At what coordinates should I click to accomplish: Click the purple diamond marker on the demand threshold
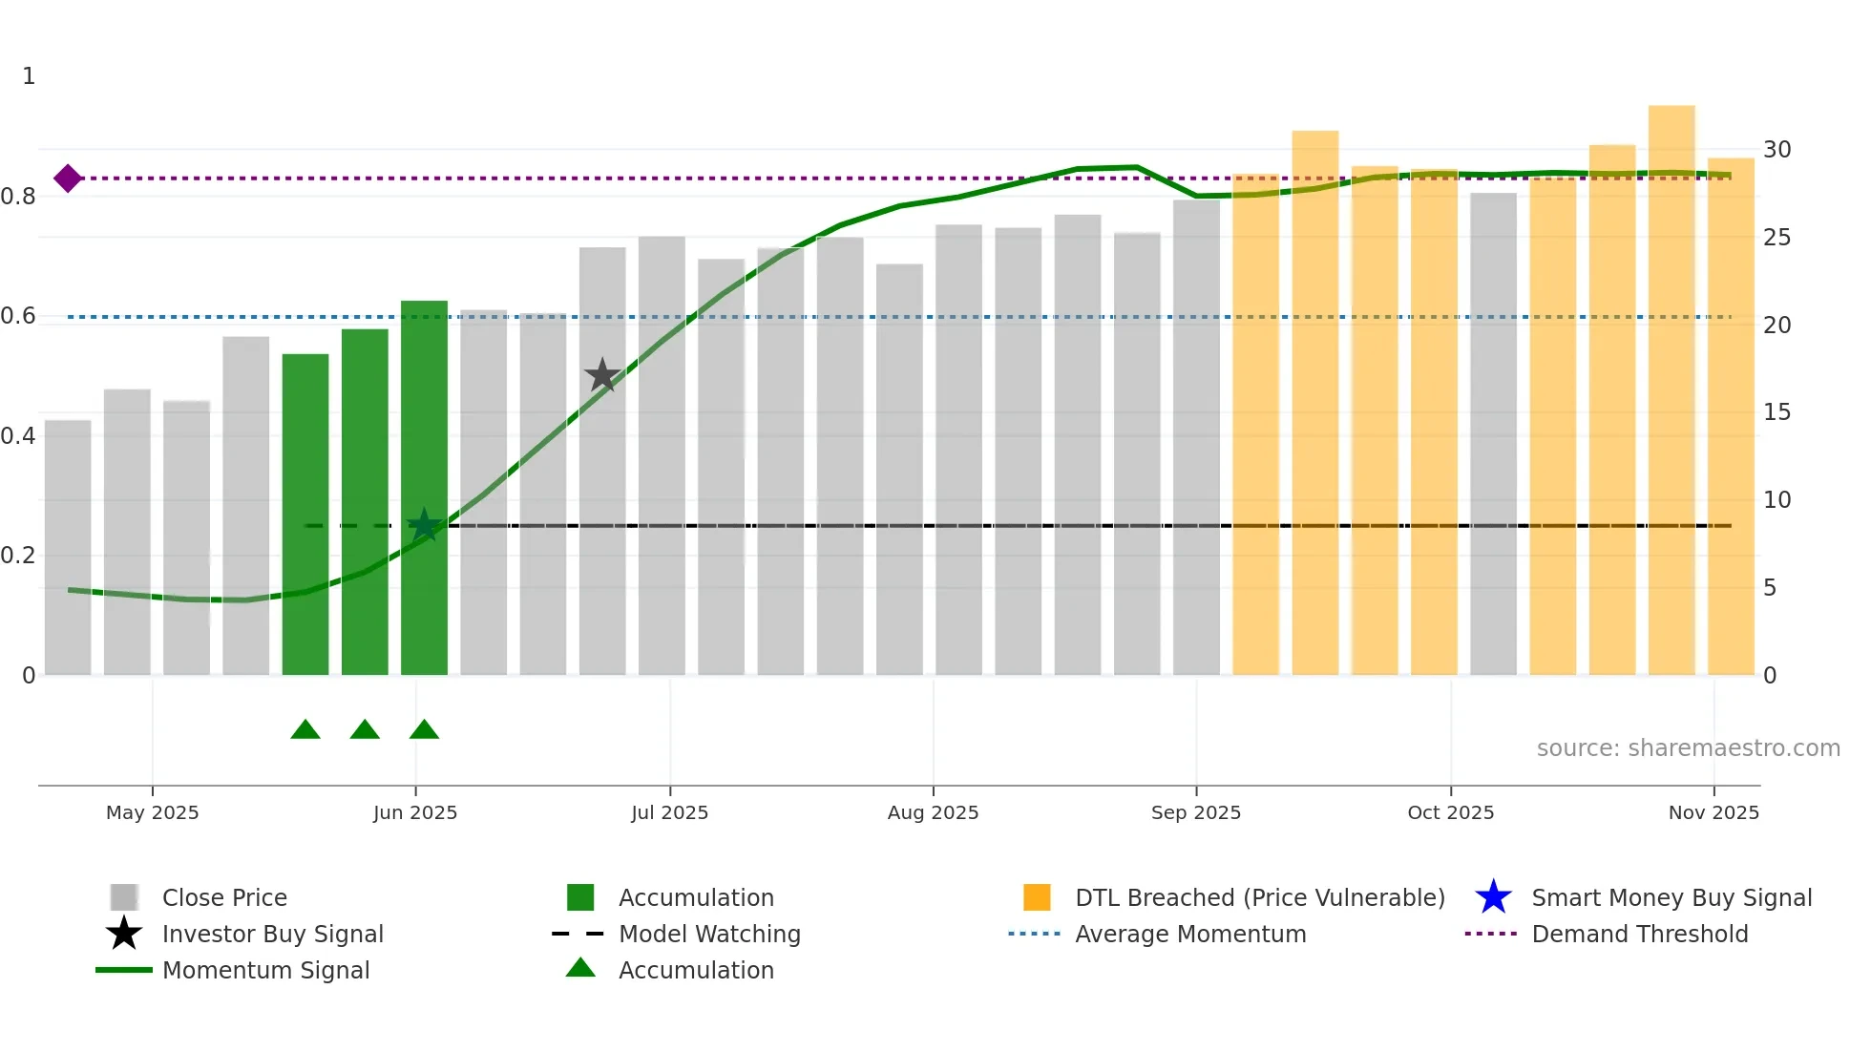coord(68,179)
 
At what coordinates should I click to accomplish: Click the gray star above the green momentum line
coord(602,375)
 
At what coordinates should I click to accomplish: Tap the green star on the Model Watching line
coord(424,525)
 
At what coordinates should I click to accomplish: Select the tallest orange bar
coord(1671,391)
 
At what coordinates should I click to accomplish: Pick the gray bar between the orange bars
coord(1493,434)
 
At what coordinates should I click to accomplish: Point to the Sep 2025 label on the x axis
coord(1195,812)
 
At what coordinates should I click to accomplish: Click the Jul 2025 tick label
coord(669,812)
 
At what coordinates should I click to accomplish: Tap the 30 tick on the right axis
coord(1776,150)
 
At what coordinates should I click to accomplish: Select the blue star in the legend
coord(1493,897)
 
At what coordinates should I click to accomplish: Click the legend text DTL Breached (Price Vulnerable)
coord(1259,897)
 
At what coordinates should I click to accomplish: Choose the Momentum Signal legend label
coord(265,970)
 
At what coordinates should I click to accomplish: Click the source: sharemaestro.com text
coord(1688,748)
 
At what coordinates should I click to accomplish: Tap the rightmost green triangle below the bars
coord(424,730)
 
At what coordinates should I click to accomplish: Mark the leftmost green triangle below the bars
coord(305,730)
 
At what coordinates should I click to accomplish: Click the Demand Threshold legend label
coord(1639,934)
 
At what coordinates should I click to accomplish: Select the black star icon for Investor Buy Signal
coord(124,934)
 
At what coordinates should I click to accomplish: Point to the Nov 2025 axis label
coord(1713,812)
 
